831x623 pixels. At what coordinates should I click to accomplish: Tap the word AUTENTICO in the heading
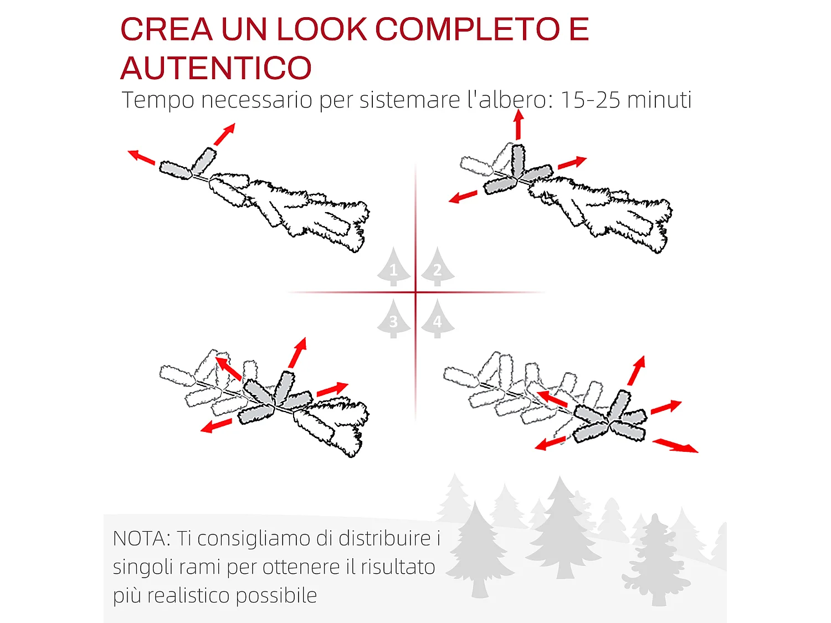216,68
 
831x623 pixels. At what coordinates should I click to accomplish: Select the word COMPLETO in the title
468,29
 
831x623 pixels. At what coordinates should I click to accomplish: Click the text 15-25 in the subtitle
591,100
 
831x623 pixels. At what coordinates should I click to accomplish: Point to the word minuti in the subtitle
659,100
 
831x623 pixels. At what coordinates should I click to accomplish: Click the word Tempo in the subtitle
158,100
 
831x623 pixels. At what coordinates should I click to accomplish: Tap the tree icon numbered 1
393,267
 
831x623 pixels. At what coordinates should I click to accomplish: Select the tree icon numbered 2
437,267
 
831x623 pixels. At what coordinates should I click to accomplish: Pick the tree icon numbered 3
393,319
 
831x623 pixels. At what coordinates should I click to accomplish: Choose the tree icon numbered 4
437,319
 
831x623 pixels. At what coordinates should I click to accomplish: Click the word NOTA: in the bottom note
142,538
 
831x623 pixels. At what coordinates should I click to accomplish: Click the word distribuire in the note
384,538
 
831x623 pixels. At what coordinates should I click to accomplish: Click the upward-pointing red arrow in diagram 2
519,124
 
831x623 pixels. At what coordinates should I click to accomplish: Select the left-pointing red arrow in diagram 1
141,157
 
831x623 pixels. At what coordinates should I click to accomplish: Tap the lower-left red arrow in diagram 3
216,425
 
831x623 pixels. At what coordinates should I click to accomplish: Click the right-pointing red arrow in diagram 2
572,163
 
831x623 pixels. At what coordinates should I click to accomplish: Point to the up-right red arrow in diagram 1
224,134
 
